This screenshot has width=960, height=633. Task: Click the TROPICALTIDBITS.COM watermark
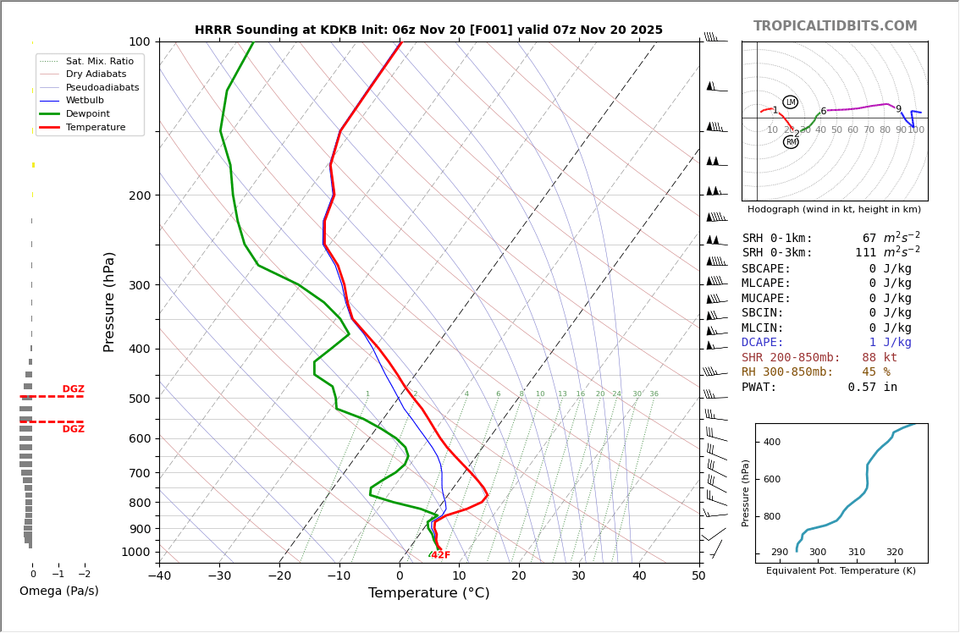pos(835,26)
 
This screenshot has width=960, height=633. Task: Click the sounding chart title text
pos(428,30)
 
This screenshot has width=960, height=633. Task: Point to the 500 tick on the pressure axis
pos(140,399)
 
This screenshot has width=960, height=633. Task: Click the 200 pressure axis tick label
pos(140,195)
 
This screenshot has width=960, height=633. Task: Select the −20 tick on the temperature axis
pos(279,576)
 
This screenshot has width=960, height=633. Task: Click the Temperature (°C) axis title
pos(428,593)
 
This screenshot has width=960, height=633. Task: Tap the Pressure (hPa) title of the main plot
pos(109,301)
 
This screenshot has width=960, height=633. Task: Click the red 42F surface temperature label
pos(440,555)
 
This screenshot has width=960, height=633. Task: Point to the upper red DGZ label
pos(73,389)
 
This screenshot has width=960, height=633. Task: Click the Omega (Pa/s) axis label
pos(58,592)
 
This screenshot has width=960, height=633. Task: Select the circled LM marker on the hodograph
pos(790,102)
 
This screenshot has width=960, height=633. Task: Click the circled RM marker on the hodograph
pos(791,142)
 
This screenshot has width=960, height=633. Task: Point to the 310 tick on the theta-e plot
pos(856,553)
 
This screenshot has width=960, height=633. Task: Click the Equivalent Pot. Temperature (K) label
pos(841,571)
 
